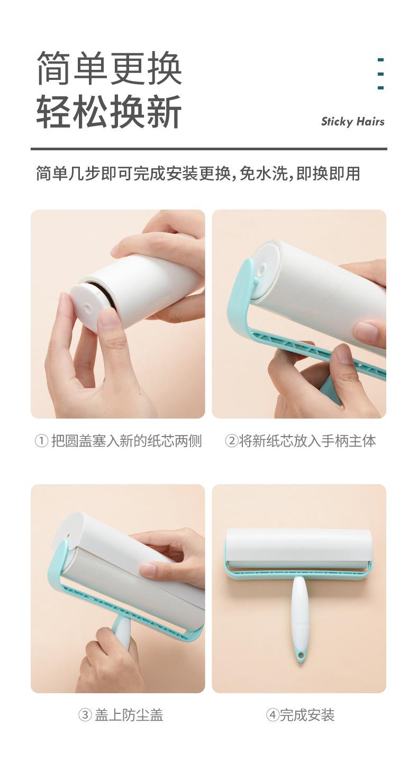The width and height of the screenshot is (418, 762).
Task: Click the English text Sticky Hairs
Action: point(352,122)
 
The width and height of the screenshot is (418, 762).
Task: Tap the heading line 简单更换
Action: point(109,68)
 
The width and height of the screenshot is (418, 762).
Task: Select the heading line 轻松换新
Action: point(109,111)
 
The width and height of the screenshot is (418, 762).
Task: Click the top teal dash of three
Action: point(380,60)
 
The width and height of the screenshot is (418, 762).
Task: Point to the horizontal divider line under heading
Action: point(209,149)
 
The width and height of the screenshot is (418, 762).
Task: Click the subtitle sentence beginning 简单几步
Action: point(198,174)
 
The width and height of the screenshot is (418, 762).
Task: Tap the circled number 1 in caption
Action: point(41,441)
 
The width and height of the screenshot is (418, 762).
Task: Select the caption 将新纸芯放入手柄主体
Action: point(307,441)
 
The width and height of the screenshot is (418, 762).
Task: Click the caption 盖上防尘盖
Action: point(129,715)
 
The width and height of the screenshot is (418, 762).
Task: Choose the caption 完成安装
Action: point(307,715)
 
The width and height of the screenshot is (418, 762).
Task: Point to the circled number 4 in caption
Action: point(272,715)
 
